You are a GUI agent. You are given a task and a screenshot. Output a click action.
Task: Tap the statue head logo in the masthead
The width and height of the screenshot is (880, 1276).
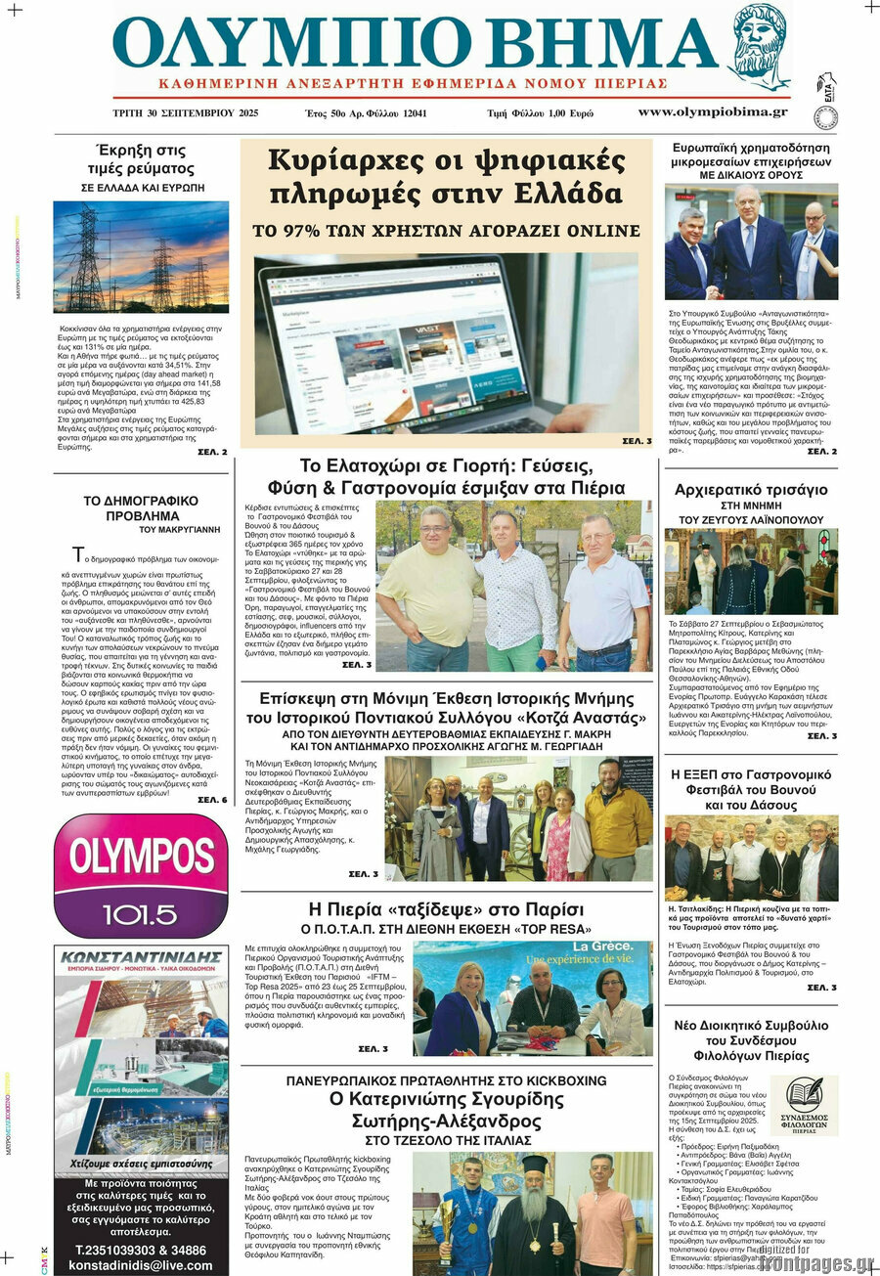pyautogui.click(x=759, y=48)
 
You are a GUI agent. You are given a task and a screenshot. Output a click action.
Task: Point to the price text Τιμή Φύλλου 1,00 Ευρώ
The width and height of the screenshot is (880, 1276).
pyautogui.click(x=540, y=113)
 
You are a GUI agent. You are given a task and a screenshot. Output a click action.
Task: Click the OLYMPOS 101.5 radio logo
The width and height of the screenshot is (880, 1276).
pyautogui.click(x=141, y=875)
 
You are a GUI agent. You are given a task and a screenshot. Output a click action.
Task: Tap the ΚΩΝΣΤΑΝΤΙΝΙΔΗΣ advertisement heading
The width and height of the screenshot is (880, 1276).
pyautogui.click(x=141, y=957)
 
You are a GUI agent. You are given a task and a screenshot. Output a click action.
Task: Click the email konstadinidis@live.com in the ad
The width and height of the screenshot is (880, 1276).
pyautogui.click(x=141, y=1264)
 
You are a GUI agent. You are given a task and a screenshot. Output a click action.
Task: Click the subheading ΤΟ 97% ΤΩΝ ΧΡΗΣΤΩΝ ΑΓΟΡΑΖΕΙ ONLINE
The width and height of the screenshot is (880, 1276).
pyautogui.click(x=446, y=232)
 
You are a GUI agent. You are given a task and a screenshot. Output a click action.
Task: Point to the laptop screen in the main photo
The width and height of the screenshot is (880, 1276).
pyautogui.click(x=391, y=337)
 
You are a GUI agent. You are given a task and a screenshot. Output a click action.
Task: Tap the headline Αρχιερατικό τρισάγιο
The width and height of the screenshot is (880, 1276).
pyautogui.click(x=751, y=490)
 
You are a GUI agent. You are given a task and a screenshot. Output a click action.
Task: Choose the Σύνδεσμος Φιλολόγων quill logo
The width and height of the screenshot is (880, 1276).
pyautogui.click(x=804, y=1100)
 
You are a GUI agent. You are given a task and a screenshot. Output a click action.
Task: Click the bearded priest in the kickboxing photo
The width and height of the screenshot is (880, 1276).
pyautogui.click(x=533, y=1217)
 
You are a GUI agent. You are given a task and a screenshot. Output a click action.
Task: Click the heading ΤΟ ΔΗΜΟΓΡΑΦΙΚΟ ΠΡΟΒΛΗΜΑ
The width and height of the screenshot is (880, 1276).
pyautogui.click(x=141, y=507)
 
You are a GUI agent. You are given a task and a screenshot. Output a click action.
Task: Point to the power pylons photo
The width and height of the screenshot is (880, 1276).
pyautogui.click(x=141, y=257)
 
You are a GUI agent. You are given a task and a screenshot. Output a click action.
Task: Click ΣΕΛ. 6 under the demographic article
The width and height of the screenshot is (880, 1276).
pyautogui.click(x=212, y=799)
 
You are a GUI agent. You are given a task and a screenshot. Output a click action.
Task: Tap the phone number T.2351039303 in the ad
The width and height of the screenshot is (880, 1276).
pyautogui.click(x=141, y=1249)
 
